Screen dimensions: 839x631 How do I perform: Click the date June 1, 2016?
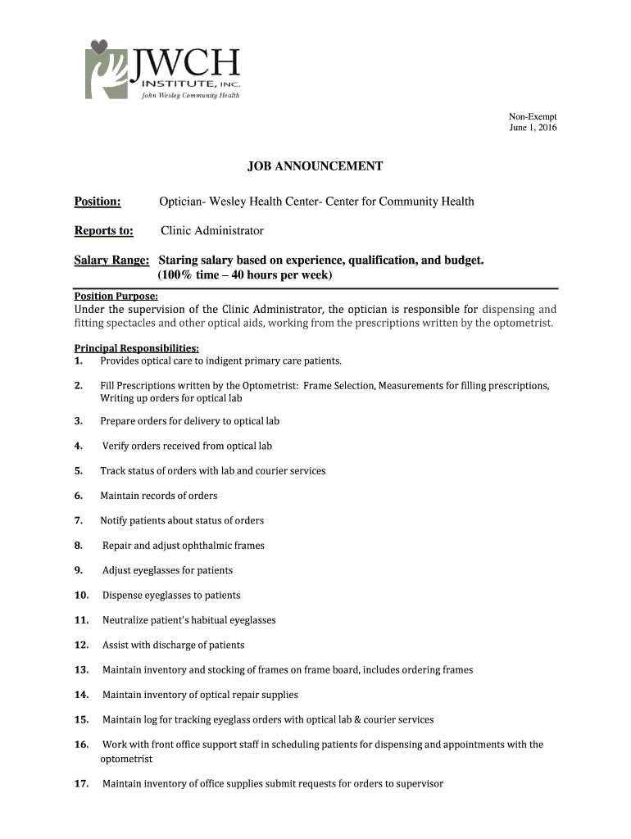point(533,129)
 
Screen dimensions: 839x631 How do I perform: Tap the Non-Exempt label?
point(533,117)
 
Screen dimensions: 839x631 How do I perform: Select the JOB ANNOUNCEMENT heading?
point(315,166)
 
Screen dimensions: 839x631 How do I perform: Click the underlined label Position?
point(98,202)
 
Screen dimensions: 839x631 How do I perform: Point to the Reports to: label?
point(104,231)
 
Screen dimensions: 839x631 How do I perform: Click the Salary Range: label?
point(111,261)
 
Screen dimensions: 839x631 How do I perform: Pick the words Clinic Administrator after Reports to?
point(212,231)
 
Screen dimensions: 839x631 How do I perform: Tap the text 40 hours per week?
point(280,275)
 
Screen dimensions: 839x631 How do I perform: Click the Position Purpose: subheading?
point(116,297)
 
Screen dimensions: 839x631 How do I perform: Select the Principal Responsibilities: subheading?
point(130,348)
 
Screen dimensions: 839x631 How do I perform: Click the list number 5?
point(78,471)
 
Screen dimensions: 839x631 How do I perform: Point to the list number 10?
point(81,596)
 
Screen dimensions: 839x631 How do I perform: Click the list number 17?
point(81,784)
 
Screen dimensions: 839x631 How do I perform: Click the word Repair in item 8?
point(116,546)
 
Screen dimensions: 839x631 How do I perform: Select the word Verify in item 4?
point(116,447)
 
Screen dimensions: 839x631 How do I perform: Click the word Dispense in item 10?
point(122,596)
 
